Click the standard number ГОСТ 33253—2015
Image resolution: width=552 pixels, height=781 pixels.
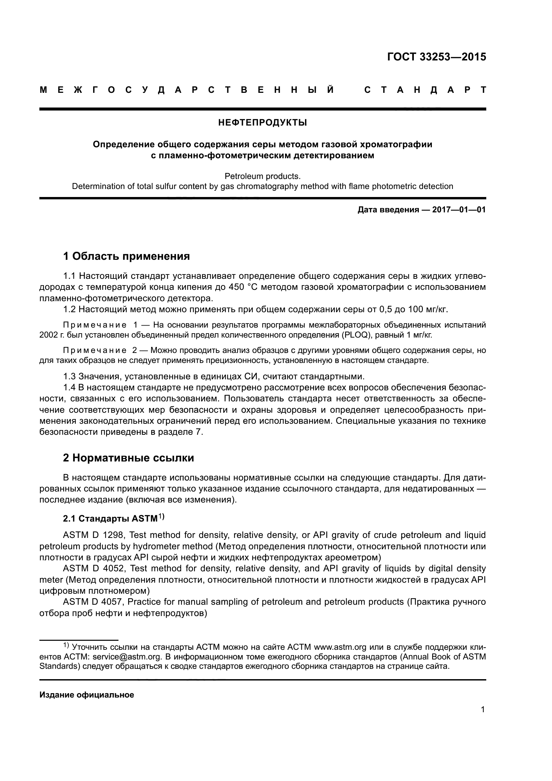tap(437, 57)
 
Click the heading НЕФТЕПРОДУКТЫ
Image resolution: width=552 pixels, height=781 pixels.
tap(262, 123)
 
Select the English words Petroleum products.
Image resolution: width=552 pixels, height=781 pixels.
tap(262, 176)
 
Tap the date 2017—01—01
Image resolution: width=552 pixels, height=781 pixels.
tap(459, 210)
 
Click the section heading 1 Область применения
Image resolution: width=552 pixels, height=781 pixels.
tap(126, 256)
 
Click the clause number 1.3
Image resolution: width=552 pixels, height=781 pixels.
tap(69, 377)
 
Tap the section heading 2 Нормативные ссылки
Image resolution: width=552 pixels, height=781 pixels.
tap(128, 458)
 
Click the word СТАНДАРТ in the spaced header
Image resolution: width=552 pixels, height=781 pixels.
tap(425, 90)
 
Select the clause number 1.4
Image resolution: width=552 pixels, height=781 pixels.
tap(69, 387)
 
